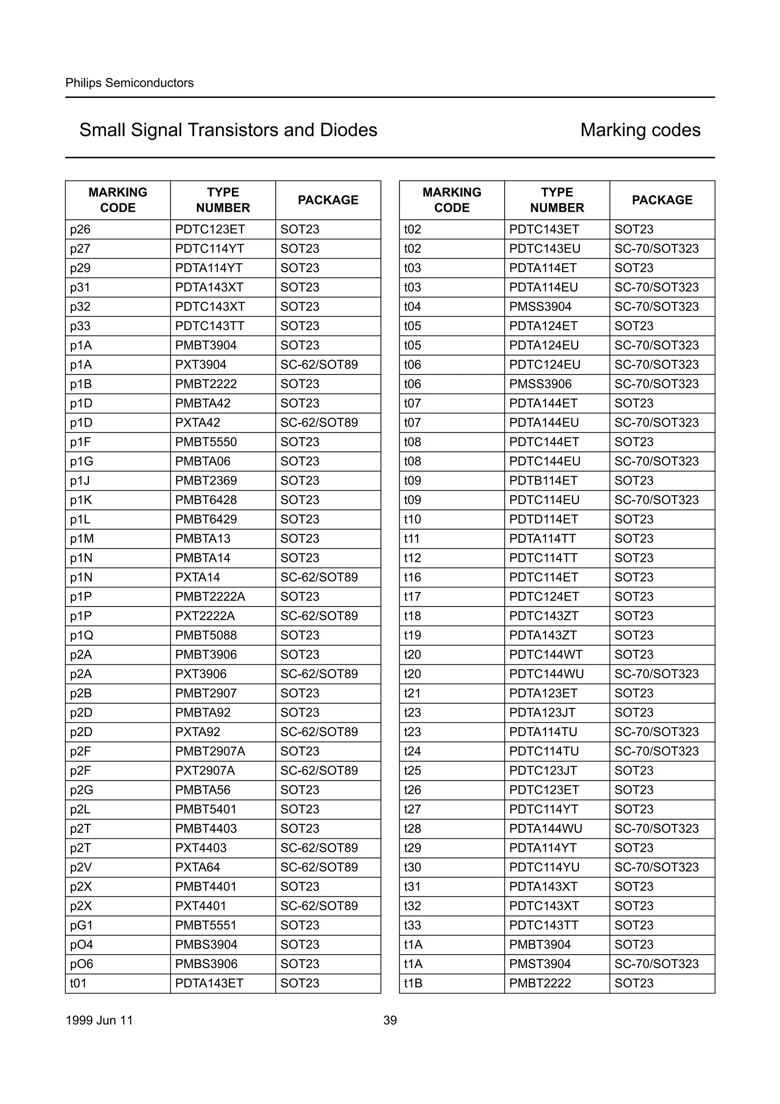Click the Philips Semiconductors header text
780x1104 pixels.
click(129, 83)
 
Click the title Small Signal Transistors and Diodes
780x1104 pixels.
click(228, 130)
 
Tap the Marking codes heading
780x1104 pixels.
click(640, 130)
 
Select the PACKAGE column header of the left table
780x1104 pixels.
click(328, 200)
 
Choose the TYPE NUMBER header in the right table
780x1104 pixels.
click(557, 200)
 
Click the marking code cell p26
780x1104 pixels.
click(80, 229)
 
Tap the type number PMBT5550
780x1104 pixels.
click(206, 442)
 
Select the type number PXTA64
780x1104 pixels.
click(198, 867)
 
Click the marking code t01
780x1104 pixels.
click(78, 983)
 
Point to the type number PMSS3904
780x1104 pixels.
click(540, 307)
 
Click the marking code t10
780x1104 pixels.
click(412, 519)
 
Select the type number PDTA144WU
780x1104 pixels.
click(545, 829)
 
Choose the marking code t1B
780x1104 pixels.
click(413, 983)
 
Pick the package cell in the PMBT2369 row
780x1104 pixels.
click(300, 480)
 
